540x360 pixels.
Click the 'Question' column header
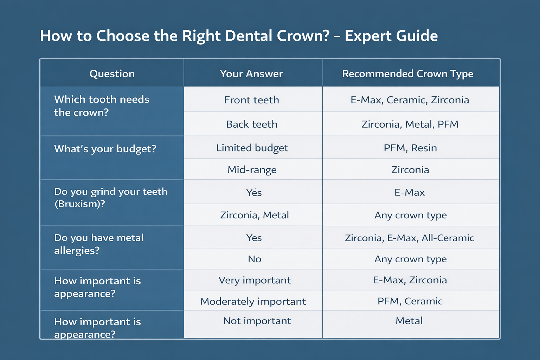112,74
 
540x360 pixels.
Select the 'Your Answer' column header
251,74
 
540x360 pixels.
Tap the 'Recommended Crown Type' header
407,74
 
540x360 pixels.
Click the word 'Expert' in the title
368,36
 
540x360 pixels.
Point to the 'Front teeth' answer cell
252,100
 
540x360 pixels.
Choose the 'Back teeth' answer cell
252,124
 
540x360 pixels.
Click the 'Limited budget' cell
252,148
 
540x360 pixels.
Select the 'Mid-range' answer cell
252,170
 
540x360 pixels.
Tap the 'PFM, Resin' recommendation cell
410,148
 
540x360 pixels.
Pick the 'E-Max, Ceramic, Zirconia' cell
410,100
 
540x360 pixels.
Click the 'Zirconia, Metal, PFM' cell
410,124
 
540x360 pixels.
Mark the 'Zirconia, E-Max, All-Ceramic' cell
410,238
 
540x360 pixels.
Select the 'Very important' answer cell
255,280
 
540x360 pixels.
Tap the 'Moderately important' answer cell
253,301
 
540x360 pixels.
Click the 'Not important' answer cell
257,321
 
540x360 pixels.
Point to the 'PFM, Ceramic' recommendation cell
410,301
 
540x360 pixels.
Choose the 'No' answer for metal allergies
255,259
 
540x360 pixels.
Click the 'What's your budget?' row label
105,149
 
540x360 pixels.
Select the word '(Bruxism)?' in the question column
80,204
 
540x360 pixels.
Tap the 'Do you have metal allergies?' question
99,244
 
